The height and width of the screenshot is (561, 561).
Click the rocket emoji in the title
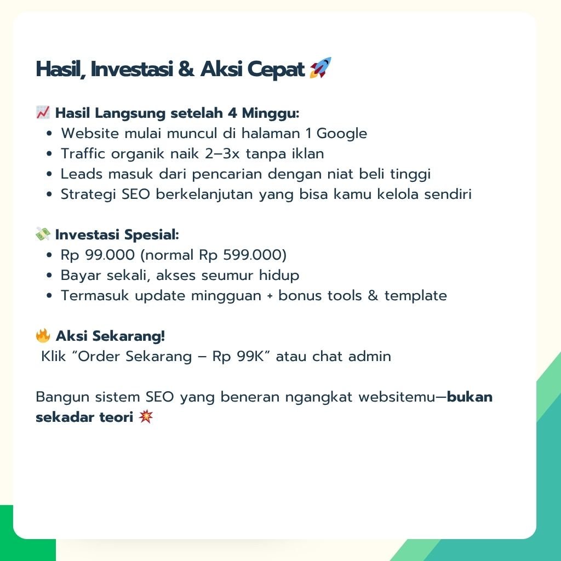(x=320, y=67)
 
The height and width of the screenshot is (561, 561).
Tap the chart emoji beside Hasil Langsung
(x=43, y=112)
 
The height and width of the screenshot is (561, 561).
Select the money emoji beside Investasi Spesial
(x=43, y=234)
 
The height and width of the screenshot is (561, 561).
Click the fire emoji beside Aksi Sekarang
(x=43, y=336)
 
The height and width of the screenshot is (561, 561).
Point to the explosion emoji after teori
(x=146, y=417)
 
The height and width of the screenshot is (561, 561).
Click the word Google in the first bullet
(x=342, y=134)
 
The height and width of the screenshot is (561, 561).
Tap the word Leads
(x=82, y=174)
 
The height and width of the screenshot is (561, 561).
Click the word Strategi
(x=88, y=194)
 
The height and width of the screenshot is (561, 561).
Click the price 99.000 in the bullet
(x=110, y=255)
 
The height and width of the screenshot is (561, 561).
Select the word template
(x=416, y=296)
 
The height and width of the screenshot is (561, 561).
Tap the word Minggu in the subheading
(x=268, y=114)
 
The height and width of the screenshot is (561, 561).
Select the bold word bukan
(x=470, y=397)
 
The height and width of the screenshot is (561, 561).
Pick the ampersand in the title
(x=186, y=68)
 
